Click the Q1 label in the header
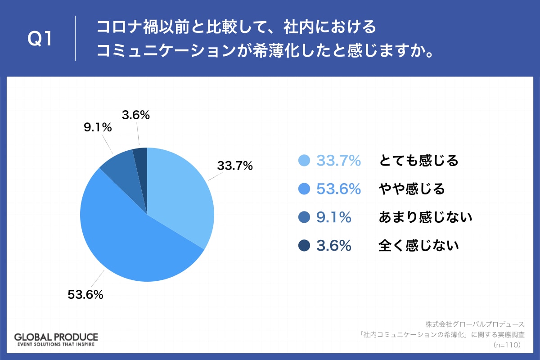[x=40, y=40]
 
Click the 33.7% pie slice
[x=180, y=193]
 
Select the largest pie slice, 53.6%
[x=130, y=243]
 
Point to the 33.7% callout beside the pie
[x=235, y=166]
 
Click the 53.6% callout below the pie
[x=85, y=295]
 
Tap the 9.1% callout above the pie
[x=98, y=128]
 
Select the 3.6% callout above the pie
[x=135, y=115]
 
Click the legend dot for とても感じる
[x=304, y=161]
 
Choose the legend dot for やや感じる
[x=304, y=189]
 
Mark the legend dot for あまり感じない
[x=304, y=217]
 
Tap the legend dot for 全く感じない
[x=304, y=246]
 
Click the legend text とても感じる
[x=418, y=161]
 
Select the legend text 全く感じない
[x=418, y=246]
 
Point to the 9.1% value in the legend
[x=333, y=217]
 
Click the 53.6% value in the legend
[x=338, y=189]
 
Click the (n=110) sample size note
[x=507, y=345]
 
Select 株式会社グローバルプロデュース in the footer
[x=475, y=324]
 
